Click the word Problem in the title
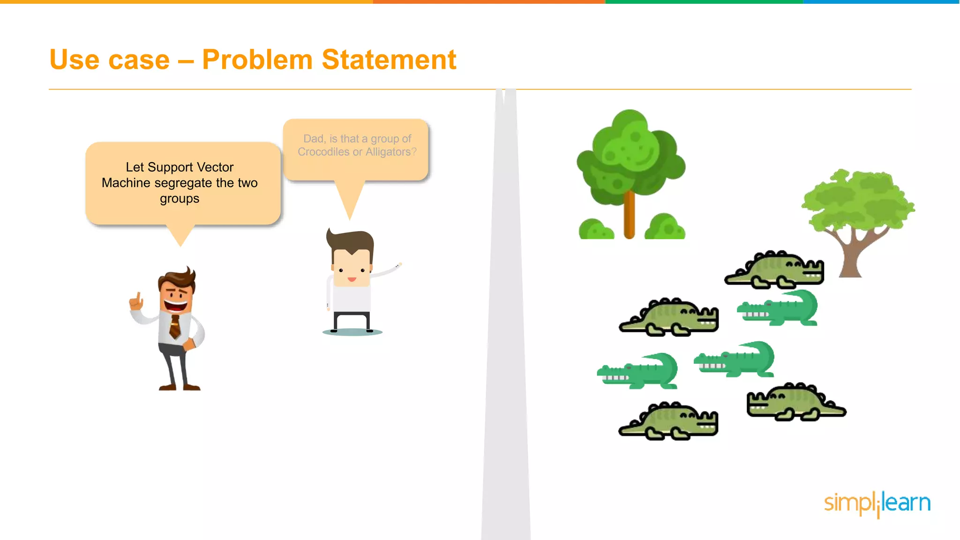[x=257, y=60]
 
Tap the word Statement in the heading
[x=389, y=60]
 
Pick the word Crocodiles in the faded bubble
[x=323, y=152]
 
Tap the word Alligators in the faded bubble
[x=388, y=152]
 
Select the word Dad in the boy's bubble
[x=313, y=139]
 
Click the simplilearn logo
[x=877, y=503]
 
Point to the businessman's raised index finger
[x=138, y=298]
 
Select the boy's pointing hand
[x=398, y=266]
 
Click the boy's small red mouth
[x=352, y=280]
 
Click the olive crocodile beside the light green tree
[x=774, y=270]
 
